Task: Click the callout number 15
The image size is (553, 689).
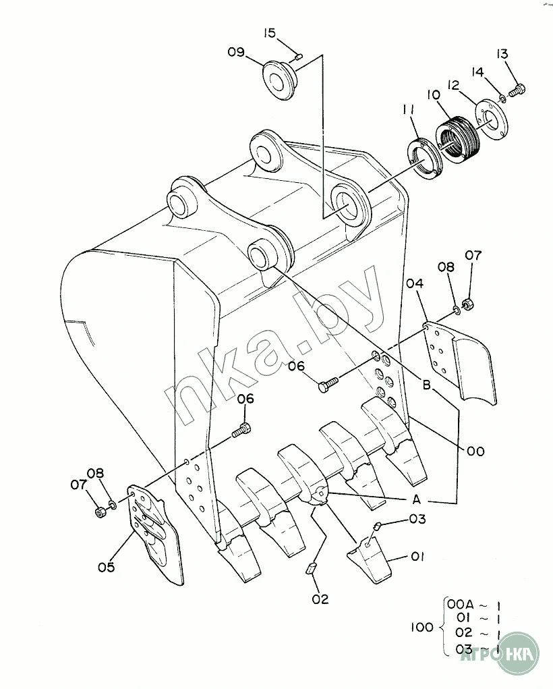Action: click(x=270, y=33)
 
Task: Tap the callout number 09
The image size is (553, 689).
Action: click(x=235, y=52)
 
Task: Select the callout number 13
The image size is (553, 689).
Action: click(x=502, y=53)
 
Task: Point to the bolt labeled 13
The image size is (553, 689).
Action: click(x=517, y=90)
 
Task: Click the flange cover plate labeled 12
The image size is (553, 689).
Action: click(x=490, y=119)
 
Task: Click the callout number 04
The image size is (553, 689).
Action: click(x=414, y=284)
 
